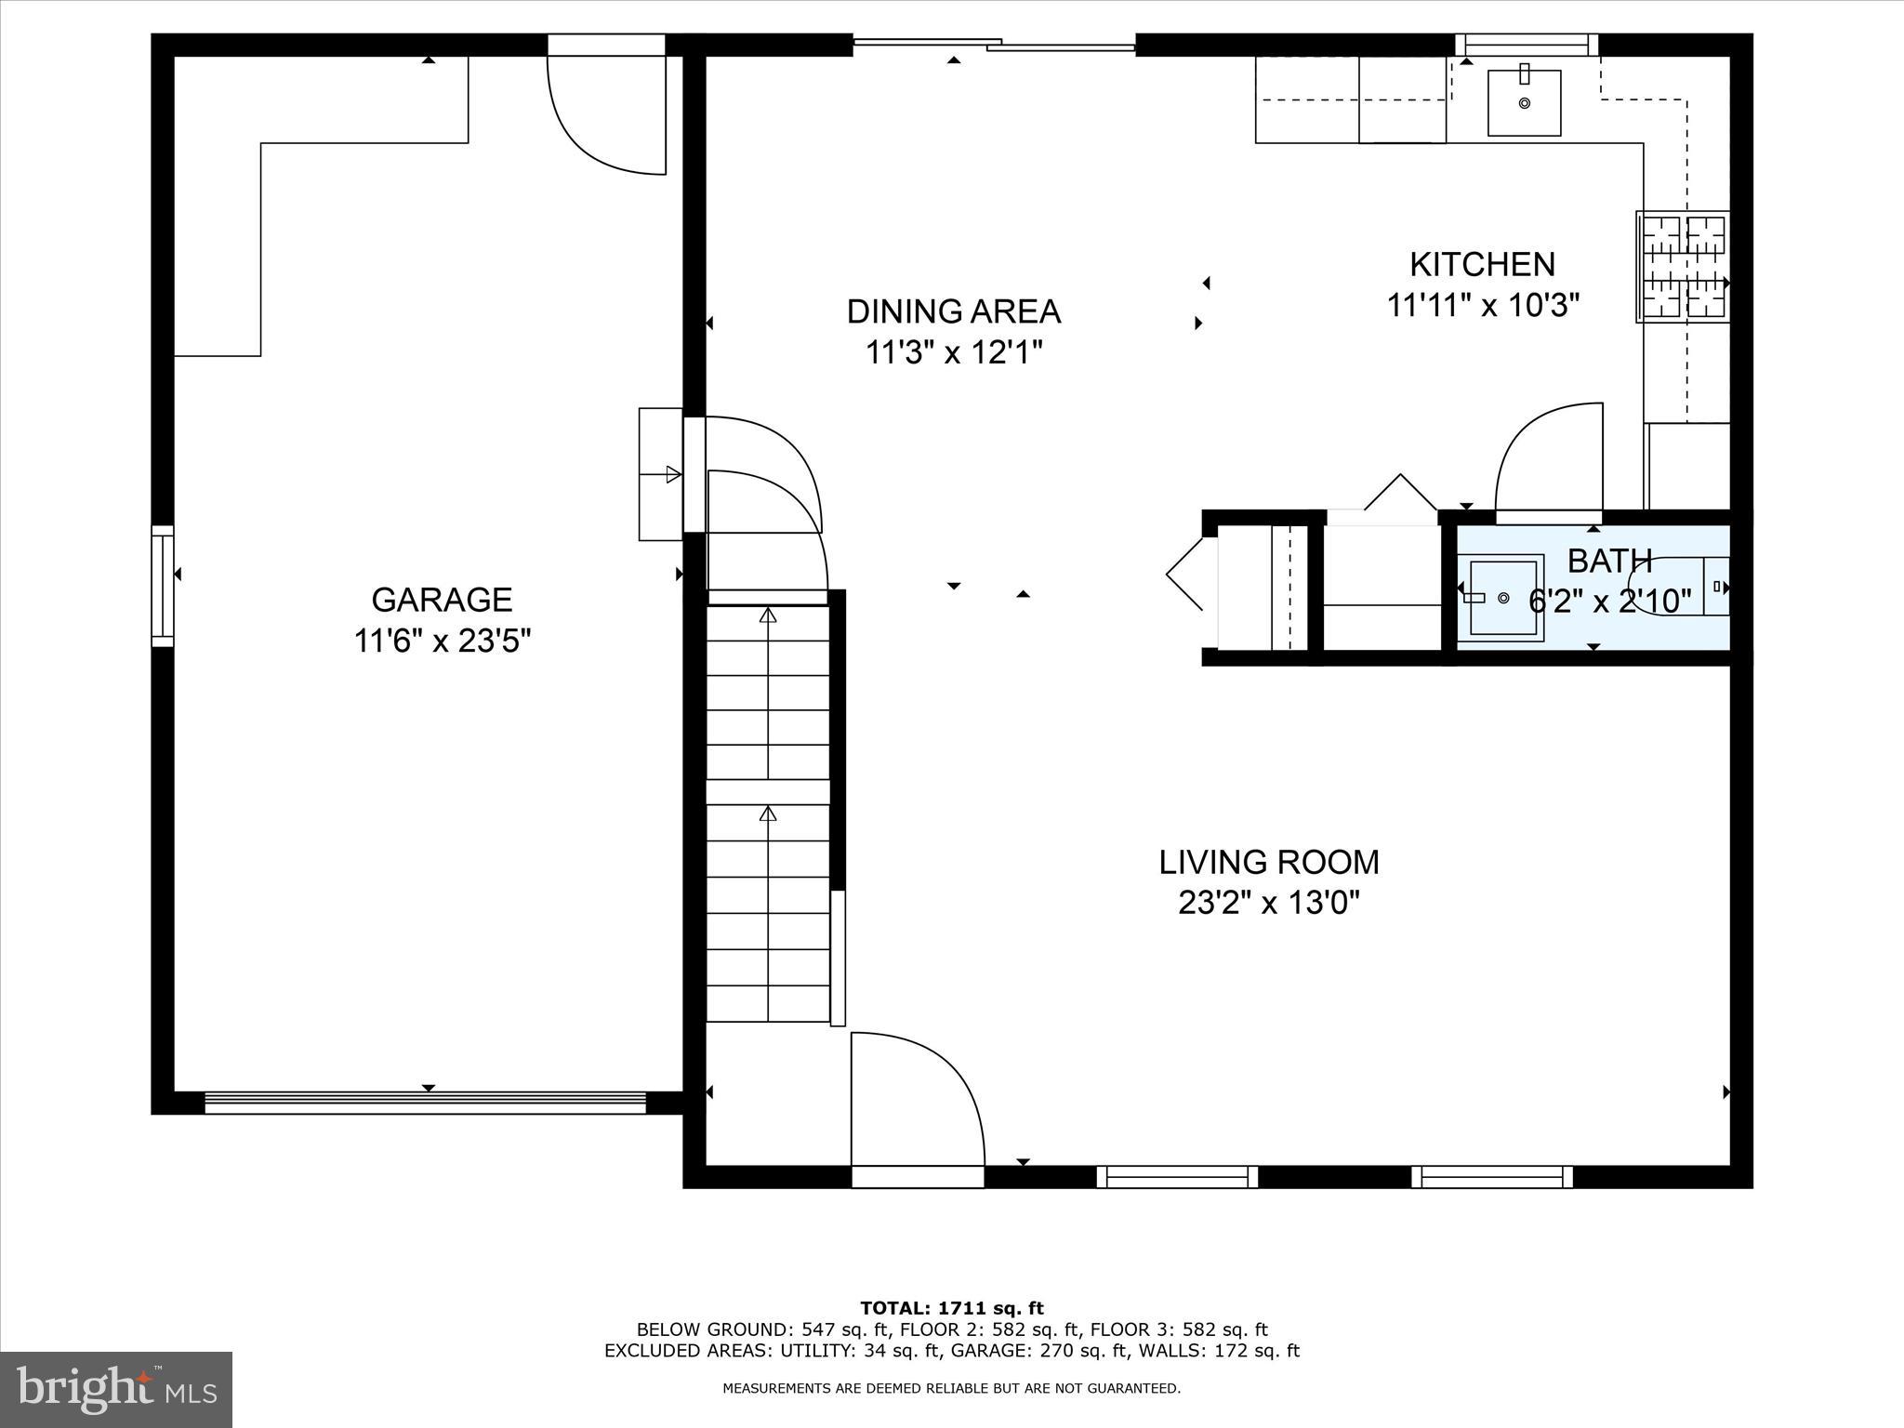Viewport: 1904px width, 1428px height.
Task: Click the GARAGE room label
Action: pos(442,600)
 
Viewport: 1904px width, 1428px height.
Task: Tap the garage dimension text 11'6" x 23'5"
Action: pos(442,641)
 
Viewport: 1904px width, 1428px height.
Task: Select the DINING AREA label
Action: pos(953,311)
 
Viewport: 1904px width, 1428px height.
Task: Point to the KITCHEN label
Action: pos(1482,265)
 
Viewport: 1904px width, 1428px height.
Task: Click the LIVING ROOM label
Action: pos(1268,863)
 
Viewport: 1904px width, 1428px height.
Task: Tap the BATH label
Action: pos(1609,562)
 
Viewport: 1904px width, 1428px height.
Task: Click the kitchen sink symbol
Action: pos(1524,102)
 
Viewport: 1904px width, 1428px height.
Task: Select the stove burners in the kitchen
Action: pos(1683,267)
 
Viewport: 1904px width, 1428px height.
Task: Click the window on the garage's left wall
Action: pos(163,586)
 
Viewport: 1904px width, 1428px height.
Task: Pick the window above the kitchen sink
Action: pos(1526,44)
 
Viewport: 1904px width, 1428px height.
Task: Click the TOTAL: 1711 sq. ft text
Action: pos(952,1309)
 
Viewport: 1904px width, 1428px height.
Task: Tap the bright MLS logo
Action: pos(116,1389)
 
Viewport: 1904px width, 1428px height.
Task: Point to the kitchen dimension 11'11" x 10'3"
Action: pos(1483,306)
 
